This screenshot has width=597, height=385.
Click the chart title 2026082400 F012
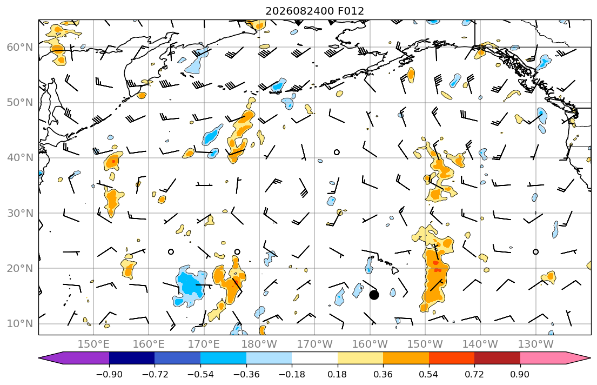(x=314, y=11)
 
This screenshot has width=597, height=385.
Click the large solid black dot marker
(x=374, y=295)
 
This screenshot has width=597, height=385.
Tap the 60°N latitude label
(x=20, y=47)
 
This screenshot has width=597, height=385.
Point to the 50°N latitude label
(x=20, y=103)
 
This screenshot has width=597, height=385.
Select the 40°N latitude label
(x=20, y=158)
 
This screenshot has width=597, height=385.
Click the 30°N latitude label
(x=20, y=213)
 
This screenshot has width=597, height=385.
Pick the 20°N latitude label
(x=20, y=268)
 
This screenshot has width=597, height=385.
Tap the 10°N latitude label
(x=20, y=324)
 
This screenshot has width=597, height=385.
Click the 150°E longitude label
(x=93, y=344)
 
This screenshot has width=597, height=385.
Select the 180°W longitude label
(x=259, y=344)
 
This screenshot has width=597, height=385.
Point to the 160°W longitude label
(x=370, y=344)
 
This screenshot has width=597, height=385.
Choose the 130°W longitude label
(x=536, y=344)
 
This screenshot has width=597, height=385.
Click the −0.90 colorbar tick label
(x=109, y=374)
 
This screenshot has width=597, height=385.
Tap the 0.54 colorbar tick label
(x=429, y=374)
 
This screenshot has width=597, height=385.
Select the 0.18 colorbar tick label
(x=337, y=374)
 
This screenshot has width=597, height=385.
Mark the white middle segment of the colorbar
(x=314, y=358)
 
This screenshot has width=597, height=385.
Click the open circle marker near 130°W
(x=536, y=251)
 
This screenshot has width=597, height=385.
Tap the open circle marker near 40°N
(x=337, y=152)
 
